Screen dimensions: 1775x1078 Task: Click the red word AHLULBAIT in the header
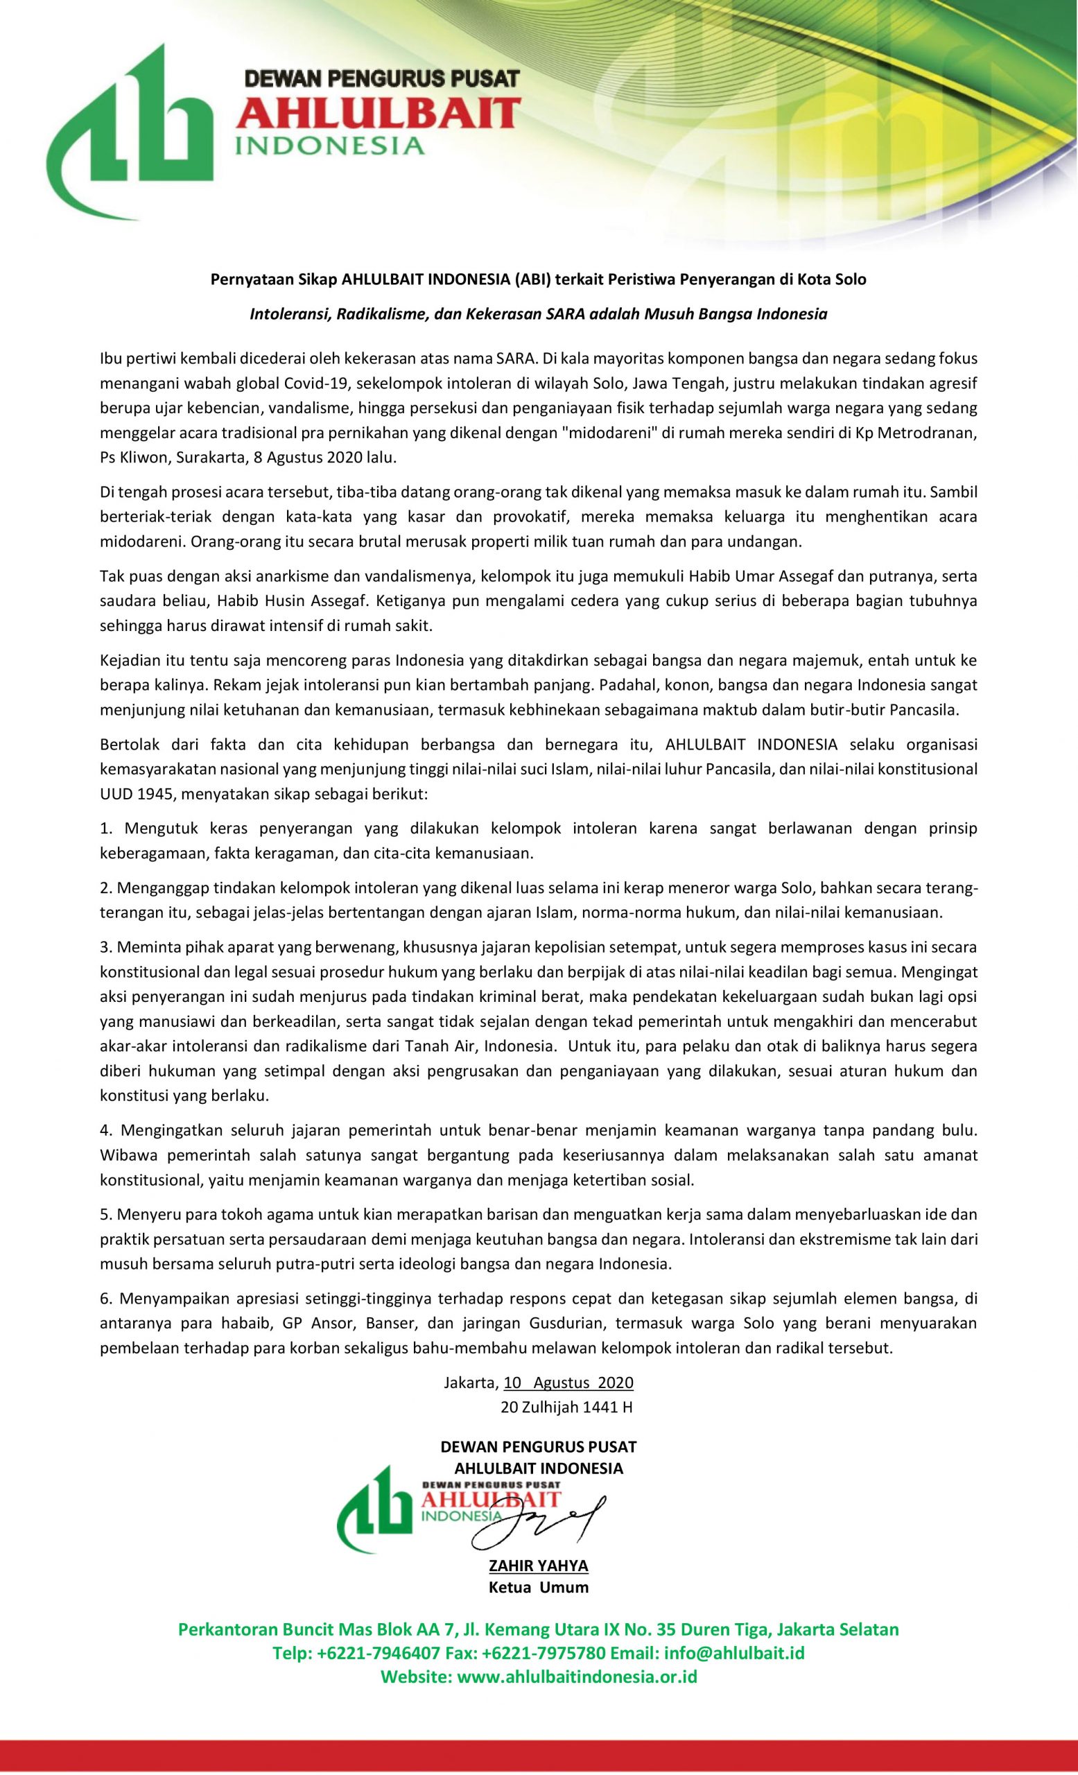377,114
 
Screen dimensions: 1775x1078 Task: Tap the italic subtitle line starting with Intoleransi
538,314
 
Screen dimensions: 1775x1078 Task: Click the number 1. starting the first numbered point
106,829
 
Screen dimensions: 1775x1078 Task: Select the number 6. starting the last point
107,1299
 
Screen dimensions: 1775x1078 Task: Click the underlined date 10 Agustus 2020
568,1383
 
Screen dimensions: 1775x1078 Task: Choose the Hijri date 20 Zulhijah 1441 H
566,1407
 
